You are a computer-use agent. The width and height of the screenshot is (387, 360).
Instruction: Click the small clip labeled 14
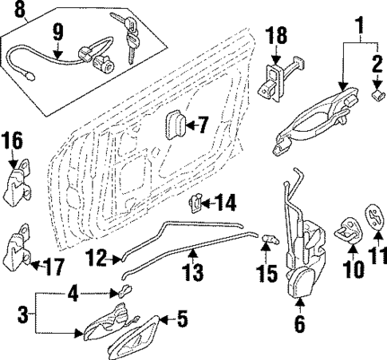pyautogui.click(x=194, y=204)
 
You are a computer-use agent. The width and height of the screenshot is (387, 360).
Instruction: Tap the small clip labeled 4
pyautogui.click(x=124, y=291)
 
